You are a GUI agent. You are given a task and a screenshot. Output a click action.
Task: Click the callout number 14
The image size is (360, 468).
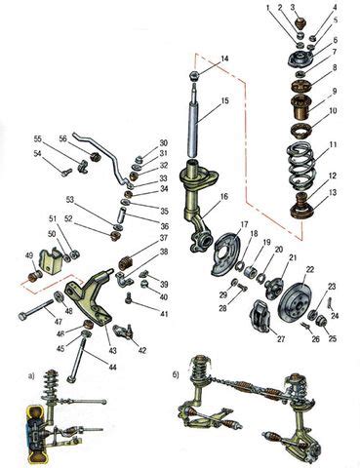(224, 58)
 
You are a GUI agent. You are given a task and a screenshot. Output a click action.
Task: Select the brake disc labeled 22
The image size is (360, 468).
(296, 300)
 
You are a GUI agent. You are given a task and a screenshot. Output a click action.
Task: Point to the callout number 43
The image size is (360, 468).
(112, 351)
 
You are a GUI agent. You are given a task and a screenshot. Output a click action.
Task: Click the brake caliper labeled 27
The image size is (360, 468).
(260, 316)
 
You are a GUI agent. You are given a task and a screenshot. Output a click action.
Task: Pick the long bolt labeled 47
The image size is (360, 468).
(36, 310)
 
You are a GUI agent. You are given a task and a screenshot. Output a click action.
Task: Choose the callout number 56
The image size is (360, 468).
(62, 138)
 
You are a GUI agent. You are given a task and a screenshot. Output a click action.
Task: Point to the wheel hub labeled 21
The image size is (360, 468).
(272, 286)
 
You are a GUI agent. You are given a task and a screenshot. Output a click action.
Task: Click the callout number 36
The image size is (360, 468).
(165, 226)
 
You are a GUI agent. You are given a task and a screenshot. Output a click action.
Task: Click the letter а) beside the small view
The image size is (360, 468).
(31, 376)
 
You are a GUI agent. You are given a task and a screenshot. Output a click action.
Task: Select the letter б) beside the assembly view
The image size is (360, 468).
(176, 375)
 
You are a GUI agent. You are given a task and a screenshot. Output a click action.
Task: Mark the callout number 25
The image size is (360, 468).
(332, 338)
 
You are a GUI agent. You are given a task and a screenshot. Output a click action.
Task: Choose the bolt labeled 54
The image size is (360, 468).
(66, 172)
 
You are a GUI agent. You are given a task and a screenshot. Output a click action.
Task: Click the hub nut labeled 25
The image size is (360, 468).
(322, 321)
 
